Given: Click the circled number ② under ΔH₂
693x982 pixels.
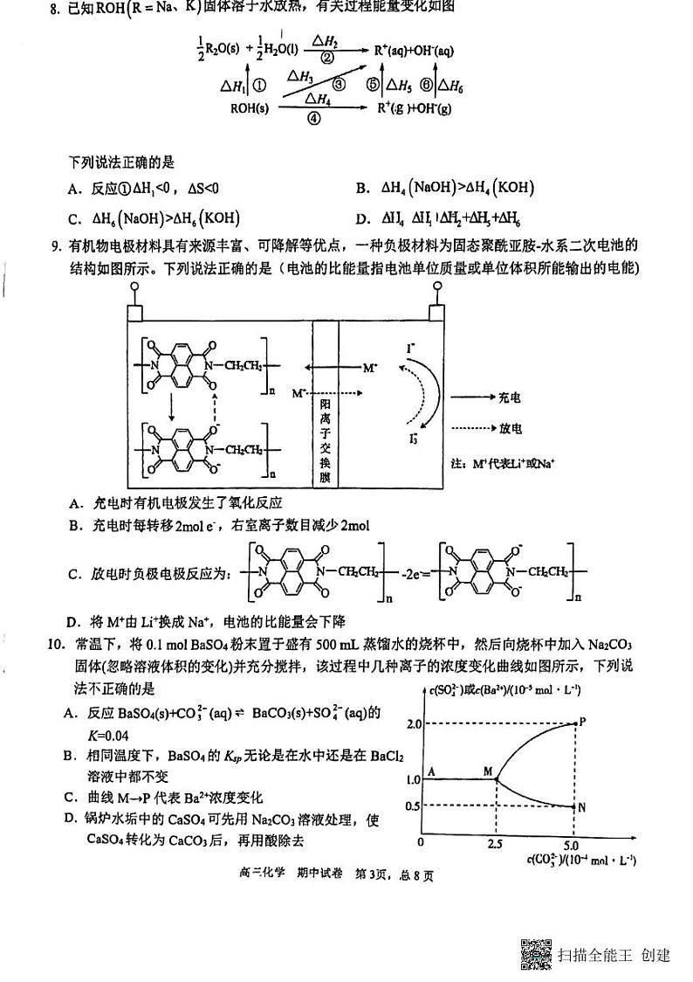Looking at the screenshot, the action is click(327, 59).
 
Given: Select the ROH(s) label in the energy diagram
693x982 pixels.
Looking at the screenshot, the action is click(250, 108).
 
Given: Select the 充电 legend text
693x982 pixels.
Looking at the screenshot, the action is click(511, 398).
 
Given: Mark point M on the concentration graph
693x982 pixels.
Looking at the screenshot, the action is click(495, 778).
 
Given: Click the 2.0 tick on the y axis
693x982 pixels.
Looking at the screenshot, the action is click(414, 724).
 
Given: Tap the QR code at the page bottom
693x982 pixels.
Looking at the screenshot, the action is click(537, 954).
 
